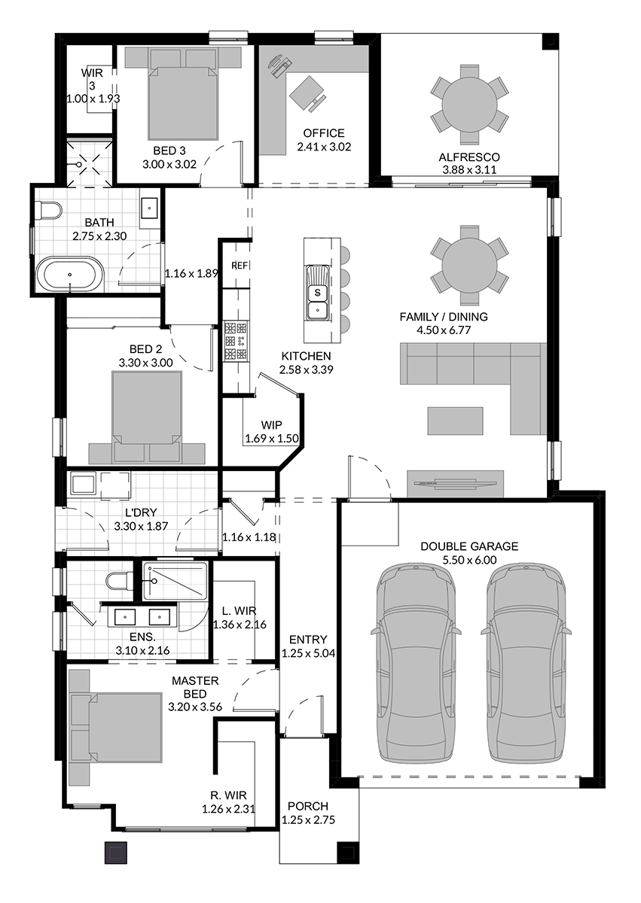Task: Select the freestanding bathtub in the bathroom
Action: tap(69, 275)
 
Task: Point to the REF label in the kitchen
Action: tap(240, 266)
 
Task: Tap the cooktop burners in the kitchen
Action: tap(236, 341)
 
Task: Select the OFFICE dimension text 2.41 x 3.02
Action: tap(324, 147)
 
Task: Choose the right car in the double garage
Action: tap(525, 662)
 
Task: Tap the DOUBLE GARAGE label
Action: tap(469, 546)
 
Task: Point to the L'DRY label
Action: tap(141, 513)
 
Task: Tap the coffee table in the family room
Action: tap(456, 421)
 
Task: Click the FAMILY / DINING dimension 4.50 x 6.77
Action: tap(443, 330)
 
